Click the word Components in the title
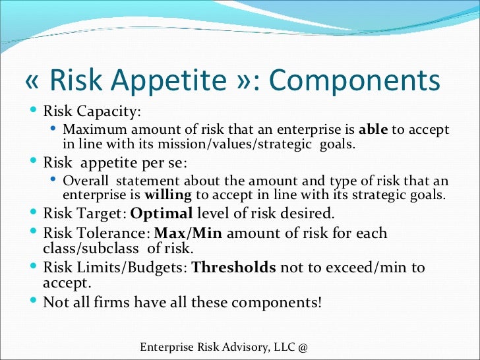click(355, 81)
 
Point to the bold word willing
click(167, 195)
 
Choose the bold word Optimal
click(162, 214)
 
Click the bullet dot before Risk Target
click(34, 212)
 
